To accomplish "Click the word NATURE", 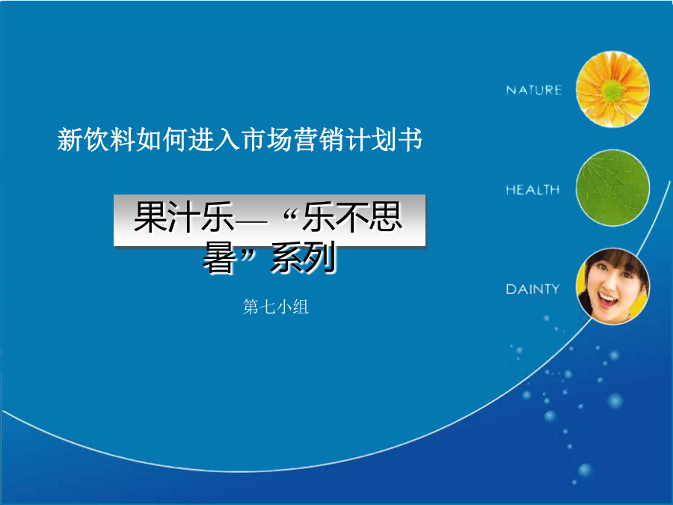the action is pos(533,91).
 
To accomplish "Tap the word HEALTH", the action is pos(532,190).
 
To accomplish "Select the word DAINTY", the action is pos(532,289).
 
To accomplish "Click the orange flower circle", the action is pos(612,89).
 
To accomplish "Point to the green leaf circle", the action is pos(612,188).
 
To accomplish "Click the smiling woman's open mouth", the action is pos(607,299).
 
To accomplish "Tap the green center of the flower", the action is pos(612,91).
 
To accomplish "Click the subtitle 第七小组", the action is pos(275,307).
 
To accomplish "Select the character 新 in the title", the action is pos(70,140).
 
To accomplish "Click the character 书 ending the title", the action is pos(411,140).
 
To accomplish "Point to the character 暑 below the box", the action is pos(219,258).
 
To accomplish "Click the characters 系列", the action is pos(303,258).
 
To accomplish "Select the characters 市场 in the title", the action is pos(266,140).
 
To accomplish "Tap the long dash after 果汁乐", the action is pos(251,221).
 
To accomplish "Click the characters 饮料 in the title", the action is pos(109,140).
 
